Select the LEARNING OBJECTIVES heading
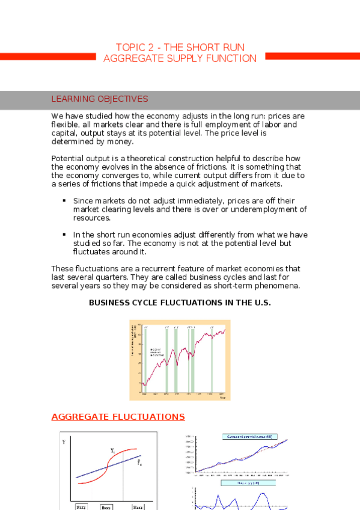(100, 99)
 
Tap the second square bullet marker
(63, 235)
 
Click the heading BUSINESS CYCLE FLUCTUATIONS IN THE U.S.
(180, 303)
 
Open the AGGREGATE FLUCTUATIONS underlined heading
(118, 417)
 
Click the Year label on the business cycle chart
(222, 397)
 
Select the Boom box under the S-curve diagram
(107, 507)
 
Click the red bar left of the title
(47, 56)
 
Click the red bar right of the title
(313, 56)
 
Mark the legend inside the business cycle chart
(157, 352)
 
